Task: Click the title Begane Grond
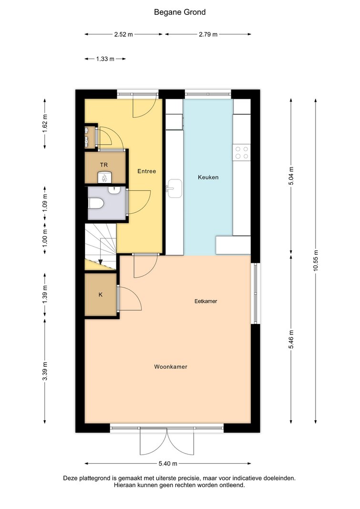180,12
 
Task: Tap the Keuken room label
208,177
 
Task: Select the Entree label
146,171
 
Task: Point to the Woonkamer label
171,367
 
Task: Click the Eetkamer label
206,301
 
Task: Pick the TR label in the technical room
104,165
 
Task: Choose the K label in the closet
101,295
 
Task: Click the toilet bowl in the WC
96,204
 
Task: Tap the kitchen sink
175,188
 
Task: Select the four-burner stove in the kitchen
242,153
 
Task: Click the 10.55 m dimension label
316,261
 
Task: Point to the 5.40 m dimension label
168,464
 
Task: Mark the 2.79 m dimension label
208,34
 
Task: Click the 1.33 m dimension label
105,59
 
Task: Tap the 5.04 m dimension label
291,176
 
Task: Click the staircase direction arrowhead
101,261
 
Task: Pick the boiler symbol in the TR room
104,177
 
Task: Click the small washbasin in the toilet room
113,190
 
